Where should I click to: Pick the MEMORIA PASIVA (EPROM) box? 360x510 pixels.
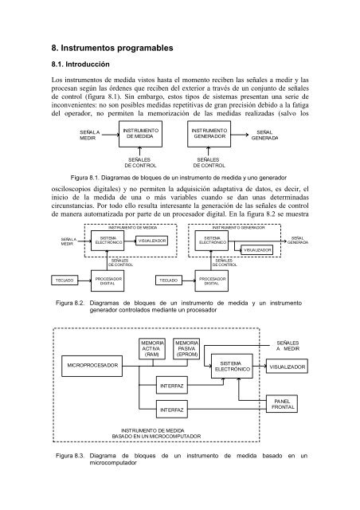click(186, 349)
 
